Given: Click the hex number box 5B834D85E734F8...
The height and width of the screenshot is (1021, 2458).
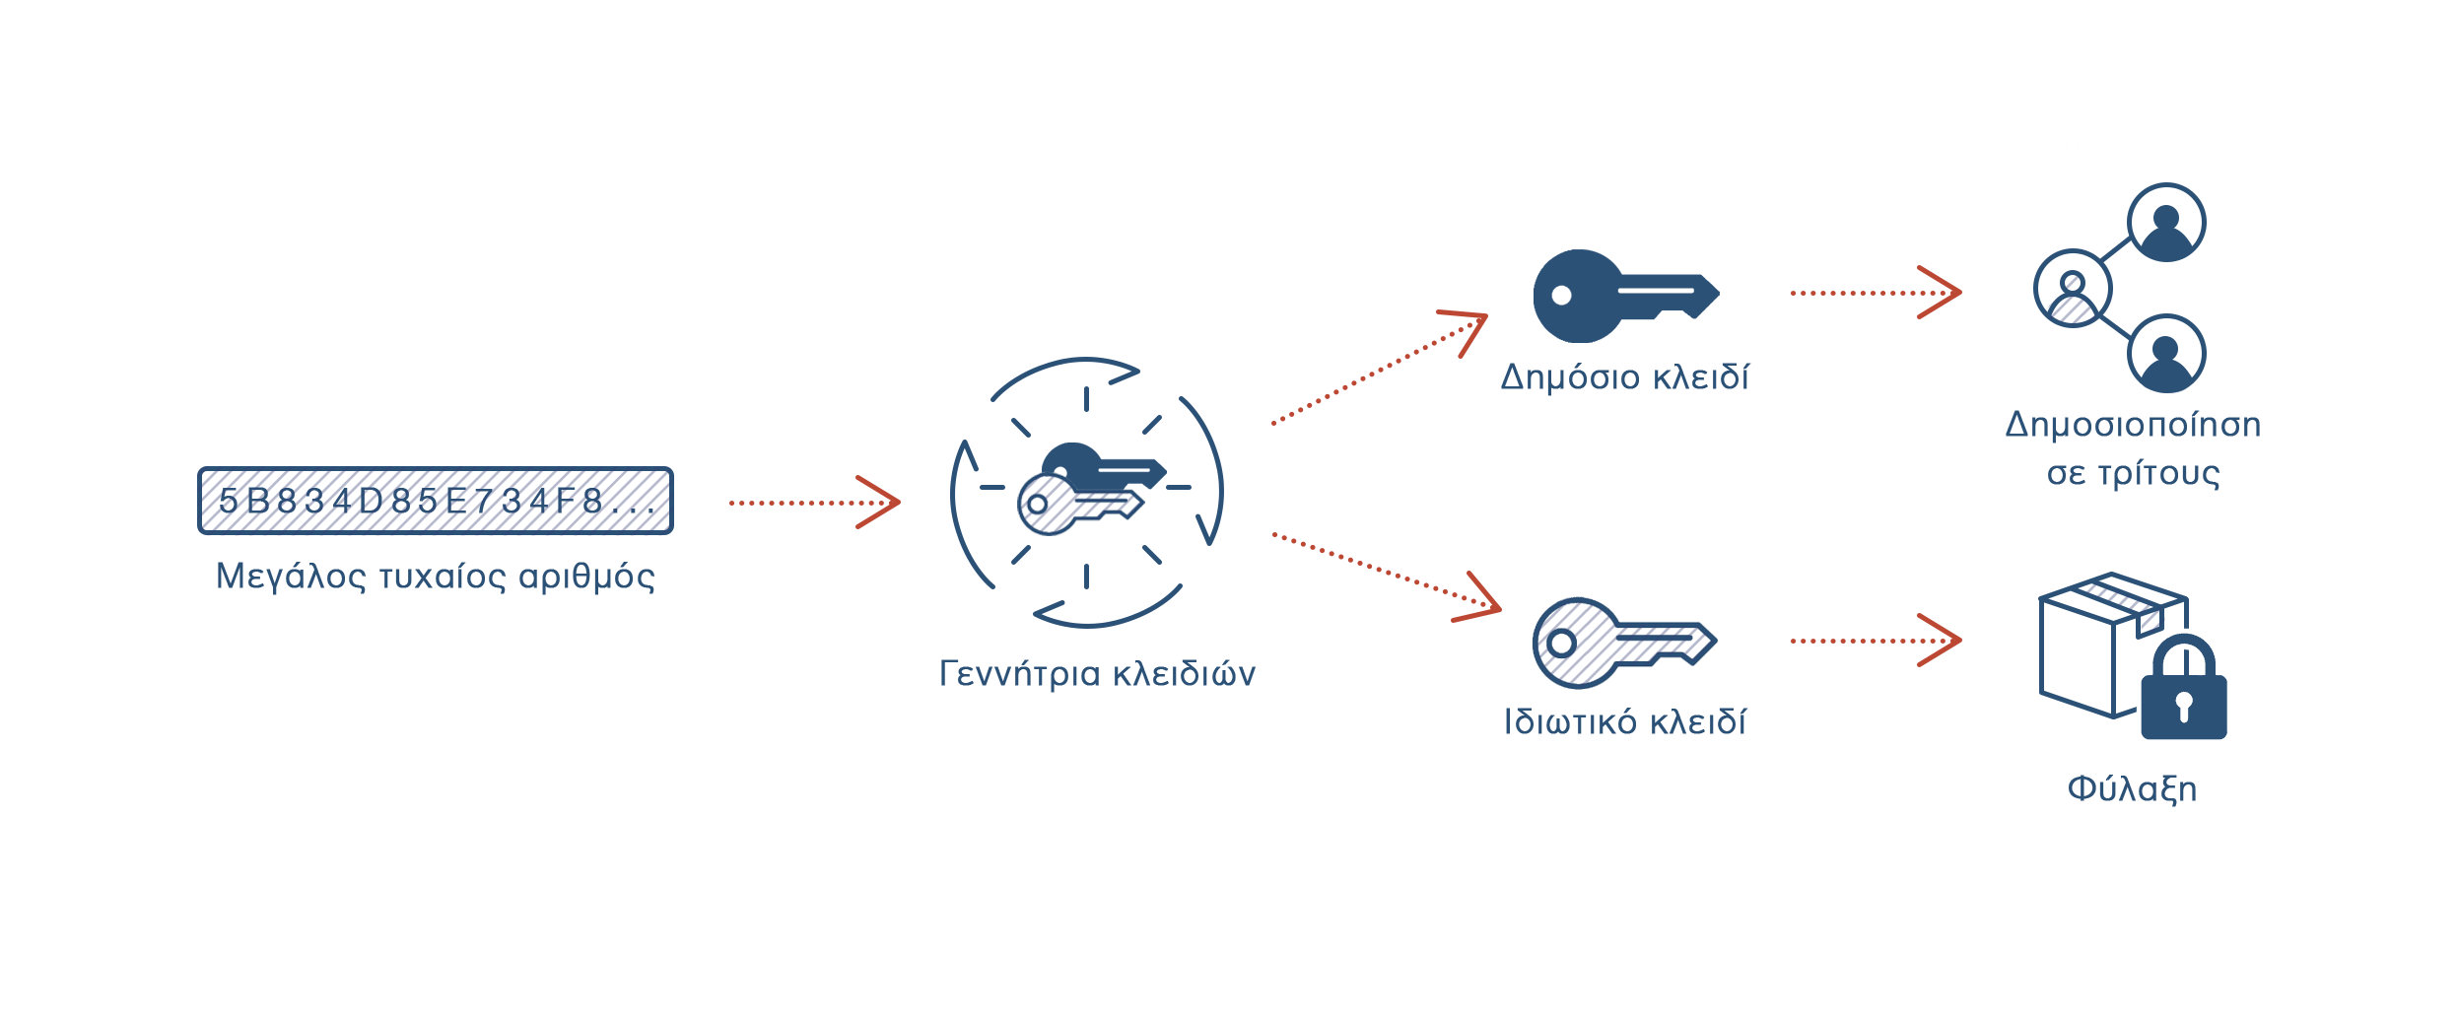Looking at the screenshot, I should tap(435, 501).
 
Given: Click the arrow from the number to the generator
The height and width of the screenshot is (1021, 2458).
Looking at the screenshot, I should tap(814, 503).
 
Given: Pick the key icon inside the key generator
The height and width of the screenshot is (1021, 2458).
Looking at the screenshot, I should tap(1080, 505).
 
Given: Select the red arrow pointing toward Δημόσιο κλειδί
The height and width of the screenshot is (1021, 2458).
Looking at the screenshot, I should tap(1378, 370).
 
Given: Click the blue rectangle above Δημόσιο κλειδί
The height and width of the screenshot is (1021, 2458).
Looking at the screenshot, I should tap(1626, 296).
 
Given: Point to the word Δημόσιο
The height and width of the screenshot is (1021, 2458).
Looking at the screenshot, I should tap(1570, 378).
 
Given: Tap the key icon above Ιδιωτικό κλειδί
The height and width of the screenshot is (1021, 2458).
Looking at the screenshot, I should tap(1624, 643).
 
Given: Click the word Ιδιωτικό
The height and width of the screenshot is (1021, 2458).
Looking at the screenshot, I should tap(1571, 722).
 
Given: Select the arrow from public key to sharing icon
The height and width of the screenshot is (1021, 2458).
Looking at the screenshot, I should tap(1875, 293).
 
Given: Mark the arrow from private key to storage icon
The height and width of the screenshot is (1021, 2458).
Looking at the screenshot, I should tap(1875, 641).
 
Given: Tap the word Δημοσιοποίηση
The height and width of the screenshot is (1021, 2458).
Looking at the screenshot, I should tap(2134, 426).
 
